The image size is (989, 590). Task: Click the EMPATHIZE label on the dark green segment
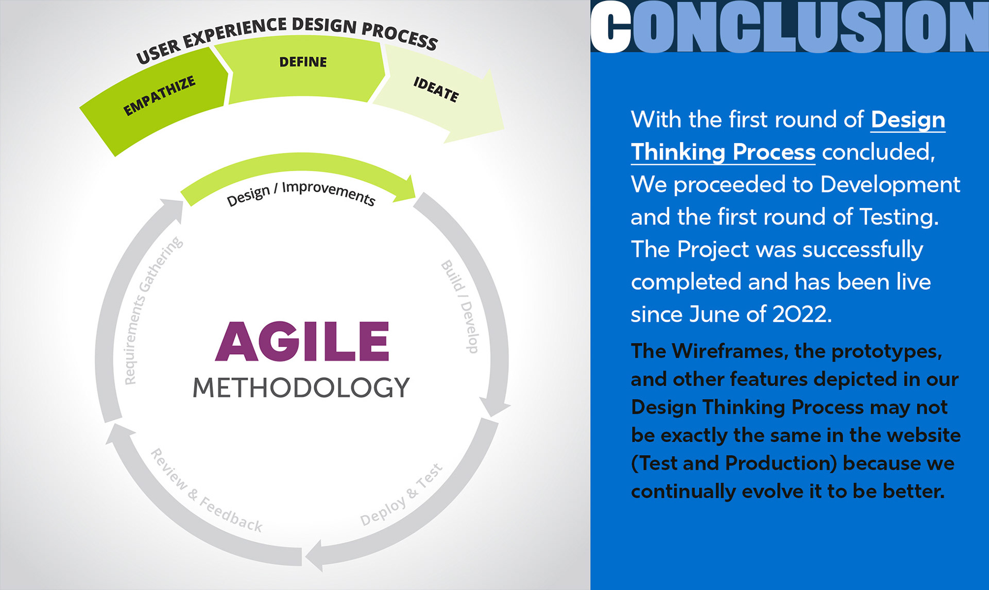pos(160,96)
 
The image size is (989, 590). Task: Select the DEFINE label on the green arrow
pos(303,62)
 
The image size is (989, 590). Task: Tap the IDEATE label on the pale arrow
pos(436,90)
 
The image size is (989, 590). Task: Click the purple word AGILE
pos(302,341)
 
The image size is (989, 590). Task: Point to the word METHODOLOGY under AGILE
pos(301,388)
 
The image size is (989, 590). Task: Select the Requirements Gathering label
pos(153,310)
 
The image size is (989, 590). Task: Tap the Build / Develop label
pos(460,306)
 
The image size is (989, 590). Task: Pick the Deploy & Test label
pos(401,494)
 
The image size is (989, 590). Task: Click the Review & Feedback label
pos(207,490)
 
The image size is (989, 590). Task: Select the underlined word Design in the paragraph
pos(908,120)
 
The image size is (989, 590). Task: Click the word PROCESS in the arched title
pos(400,35)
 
